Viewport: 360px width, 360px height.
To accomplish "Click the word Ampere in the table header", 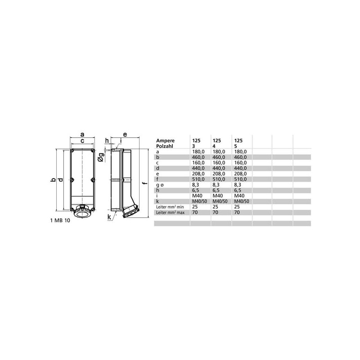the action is pos(165,140).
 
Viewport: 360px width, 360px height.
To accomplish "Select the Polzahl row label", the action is pos(165,146).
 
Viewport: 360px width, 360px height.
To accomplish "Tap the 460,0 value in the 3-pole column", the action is pos(198,157).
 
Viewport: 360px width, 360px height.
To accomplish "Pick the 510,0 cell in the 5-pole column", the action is pos(240,179).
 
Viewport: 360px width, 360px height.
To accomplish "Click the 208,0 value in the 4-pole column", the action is pos(219,174).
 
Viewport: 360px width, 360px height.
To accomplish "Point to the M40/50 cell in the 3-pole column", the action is pos(199,201).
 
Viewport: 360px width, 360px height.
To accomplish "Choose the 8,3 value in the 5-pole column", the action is pos(238,185).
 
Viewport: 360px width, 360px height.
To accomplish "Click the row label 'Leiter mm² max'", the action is pos(170,212).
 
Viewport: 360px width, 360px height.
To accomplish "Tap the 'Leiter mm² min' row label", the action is pos(170,207).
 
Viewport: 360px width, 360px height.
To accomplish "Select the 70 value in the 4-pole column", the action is pos(216,212).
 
